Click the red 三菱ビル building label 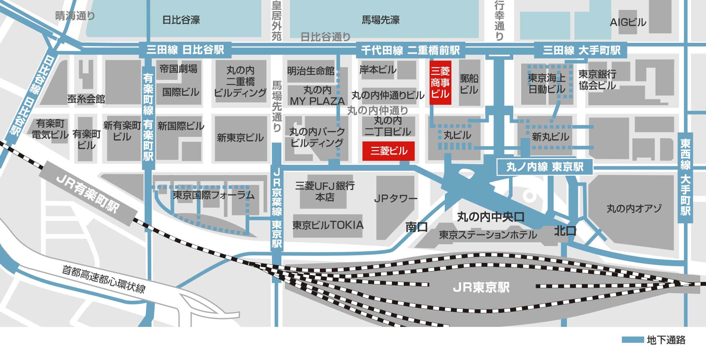(388, 151)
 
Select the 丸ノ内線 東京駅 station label (545, 167)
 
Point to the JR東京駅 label (481, 287)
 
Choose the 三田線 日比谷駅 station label (185, 50)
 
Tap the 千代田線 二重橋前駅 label (410, 50)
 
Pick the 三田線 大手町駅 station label (581, 50)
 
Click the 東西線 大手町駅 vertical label (685, 178)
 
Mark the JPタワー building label (396, 198)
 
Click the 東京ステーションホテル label (488, 235)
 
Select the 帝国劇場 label (178, 69)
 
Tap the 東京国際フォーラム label (214, 195)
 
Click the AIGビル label (628, 22)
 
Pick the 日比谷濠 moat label (181, 20)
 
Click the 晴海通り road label (75, 16)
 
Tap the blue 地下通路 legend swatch (633, 340)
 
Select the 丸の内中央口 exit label (491, 217)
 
